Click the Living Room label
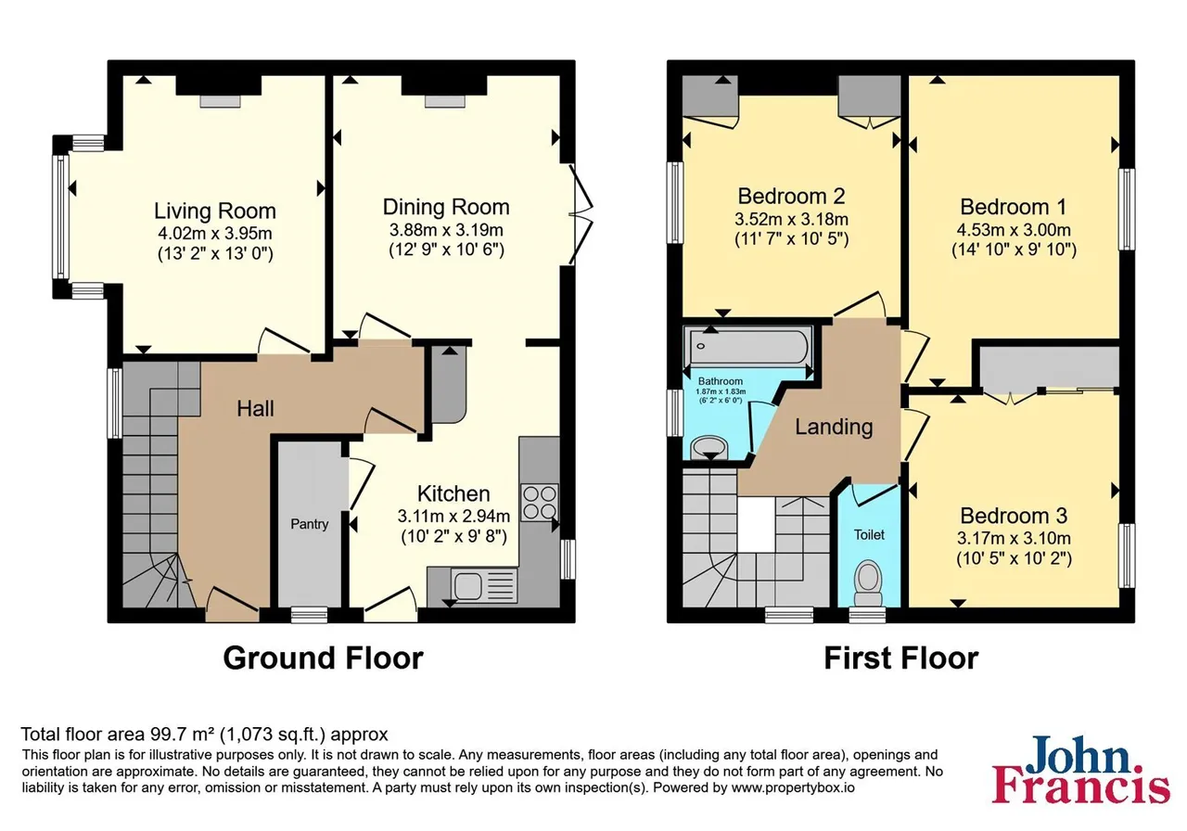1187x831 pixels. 215,211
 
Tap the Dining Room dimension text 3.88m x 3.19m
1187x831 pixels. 446,230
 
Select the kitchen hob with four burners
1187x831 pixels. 540,503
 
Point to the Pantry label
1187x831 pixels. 310,524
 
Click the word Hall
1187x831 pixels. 255,409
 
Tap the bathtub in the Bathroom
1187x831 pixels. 748,346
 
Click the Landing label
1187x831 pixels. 834,427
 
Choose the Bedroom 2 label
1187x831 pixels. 792,196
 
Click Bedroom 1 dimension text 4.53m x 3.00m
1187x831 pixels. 1014,230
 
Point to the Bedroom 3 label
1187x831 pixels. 1014,516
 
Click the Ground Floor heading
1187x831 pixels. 324,658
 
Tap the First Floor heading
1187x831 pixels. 901,658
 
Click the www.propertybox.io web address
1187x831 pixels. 793,787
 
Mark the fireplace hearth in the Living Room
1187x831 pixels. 220,101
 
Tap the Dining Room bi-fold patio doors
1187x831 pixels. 581,214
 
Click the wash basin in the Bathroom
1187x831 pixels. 709,447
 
